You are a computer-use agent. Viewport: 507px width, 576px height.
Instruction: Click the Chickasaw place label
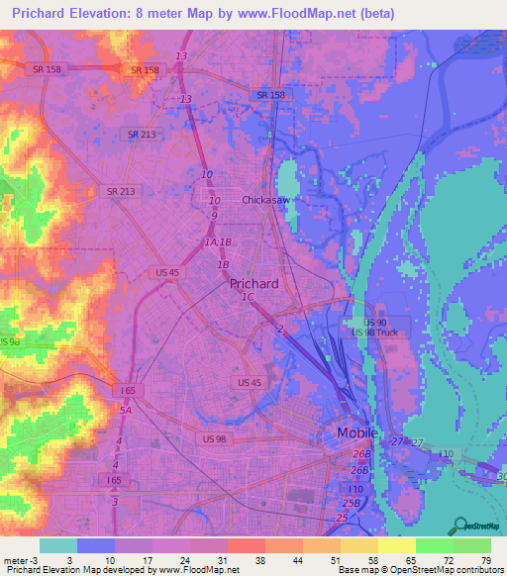(x=265, y=200)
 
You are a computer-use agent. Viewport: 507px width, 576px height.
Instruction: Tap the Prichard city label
(x=253, y=283)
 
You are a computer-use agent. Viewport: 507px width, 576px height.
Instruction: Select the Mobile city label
(x=356, y=433)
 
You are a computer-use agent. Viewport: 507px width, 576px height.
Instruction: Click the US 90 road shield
(x=373, y=323)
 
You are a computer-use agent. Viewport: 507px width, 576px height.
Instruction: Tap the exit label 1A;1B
(x=217, y=242)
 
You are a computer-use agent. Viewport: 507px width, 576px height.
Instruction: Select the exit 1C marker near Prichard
(x=247, y=297)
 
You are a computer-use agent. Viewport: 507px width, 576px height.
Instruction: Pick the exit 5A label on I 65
(x=126, y=410)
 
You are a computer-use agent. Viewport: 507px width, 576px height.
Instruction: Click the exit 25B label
(x=350, y=504)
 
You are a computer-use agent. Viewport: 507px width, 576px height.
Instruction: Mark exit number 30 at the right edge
(x=501, y=476)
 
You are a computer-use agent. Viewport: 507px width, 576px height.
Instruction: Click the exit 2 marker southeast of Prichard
(x=281, y=329)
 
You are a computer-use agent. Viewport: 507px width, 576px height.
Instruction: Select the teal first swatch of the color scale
(x=57, y=545)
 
